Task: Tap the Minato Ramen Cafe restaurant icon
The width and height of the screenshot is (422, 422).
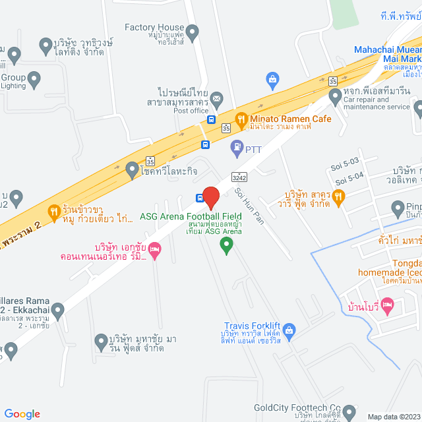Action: coord(241,119)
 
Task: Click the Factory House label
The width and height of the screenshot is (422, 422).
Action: coord(154,27)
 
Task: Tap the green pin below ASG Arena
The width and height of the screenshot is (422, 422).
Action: coord(226,246)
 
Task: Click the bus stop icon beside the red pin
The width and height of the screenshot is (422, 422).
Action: coord(199,197)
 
